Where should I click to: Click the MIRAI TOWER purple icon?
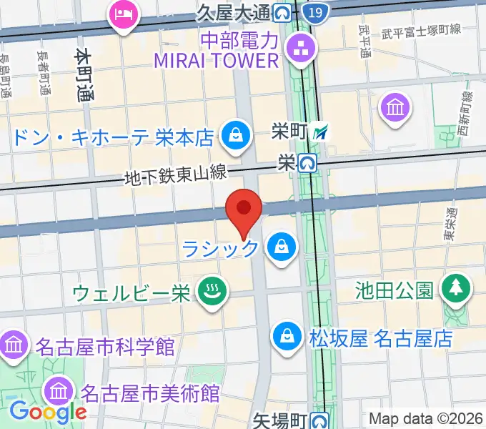(x=295, y=49)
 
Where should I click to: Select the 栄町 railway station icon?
(x=323, y=131)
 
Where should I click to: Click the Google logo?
(x=49, y=411)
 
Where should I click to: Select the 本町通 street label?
(x=84, y=76)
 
